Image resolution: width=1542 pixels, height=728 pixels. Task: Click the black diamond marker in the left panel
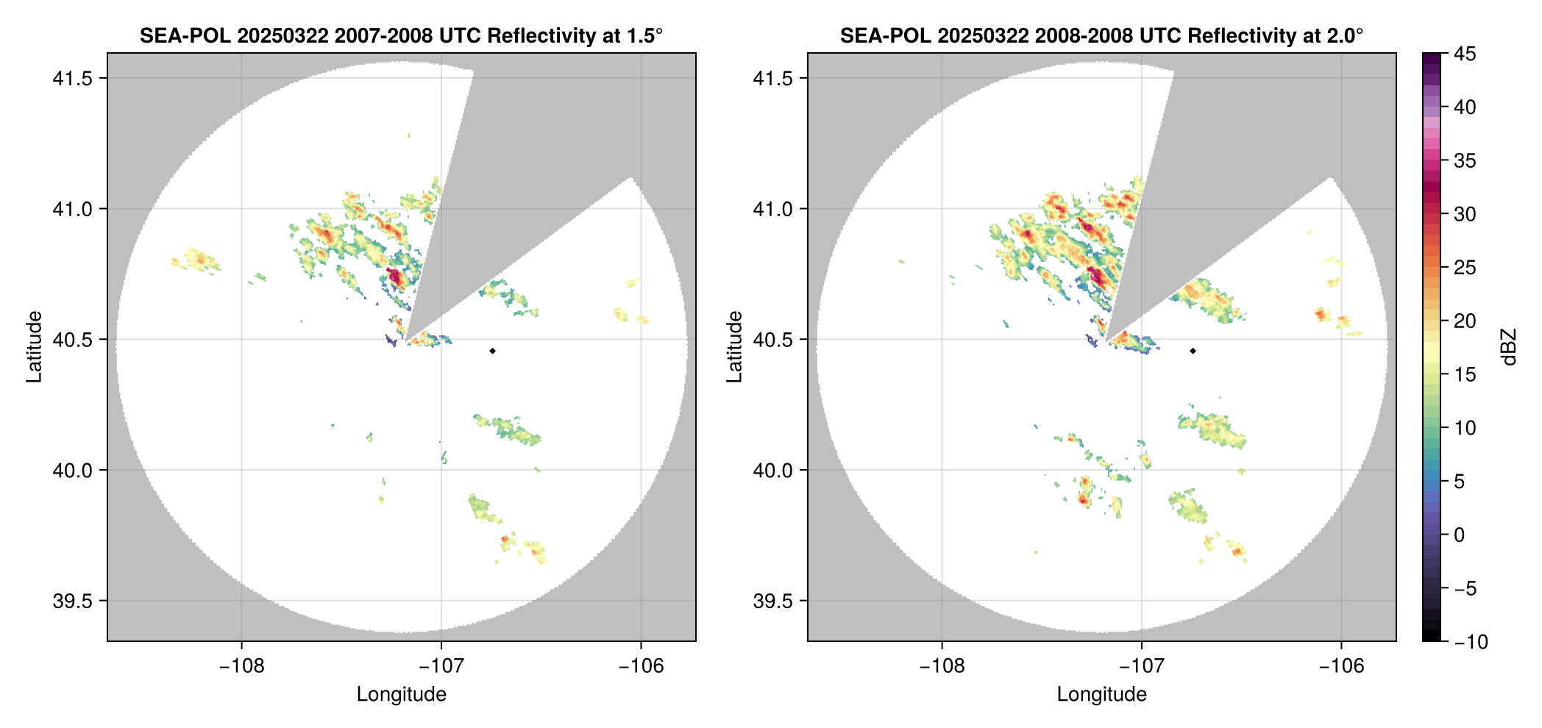(492, 351)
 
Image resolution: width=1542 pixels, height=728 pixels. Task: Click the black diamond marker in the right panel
(1193, 351)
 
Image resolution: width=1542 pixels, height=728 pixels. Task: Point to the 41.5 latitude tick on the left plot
(71, 79)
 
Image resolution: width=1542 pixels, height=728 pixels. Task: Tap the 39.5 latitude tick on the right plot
(772, 601)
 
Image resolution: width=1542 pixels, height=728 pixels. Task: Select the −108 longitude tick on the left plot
(241, 666)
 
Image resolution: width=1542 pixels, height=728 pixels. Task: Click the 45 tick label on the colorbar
(1464, 54)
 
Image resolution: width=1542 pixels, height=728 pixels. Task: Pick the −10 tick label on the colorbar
(1471, 642)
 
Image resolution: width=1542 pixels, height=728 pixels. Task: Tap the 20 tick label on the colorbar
(1464, 321)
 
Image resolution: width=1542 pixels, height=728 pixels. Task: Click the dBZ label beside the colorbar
(1509, 346)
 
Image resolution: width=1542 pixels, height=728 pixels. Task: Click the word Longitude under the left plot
(401, 694)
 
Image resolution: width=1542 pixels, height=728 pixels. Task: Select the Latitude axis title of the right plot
(735, 346)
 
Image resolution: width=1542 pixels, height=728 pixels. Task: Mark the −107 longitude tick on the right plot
(1141, 666)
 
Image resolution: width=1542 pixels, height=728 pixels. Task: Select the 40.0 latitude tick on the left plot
(71, 470)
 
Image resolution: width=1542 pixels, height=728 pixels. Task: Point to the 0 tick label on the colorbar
(1459, 535)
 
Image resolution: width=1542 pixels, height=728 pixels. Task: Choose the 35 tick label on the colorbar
(1464, 161)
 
